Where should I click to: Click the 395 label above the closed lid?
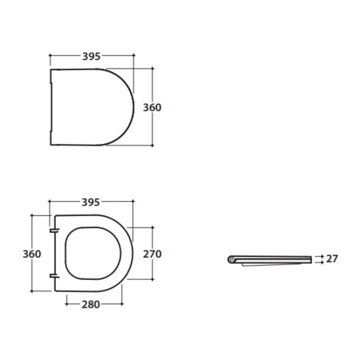91,56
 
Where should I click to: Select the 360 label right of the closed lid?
152,108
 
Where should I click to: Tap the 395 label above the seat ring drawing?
91,202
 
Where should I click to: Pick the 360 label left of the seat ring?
32,254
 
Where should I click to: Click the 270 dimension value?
152,254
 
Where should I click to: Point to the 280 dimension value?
91,304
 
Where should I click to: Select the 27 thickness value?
332,259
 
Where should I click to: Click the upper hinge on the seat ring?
54,230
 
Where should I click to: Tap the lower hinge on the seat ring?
54,276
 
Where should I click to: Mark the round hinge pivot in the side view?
232,260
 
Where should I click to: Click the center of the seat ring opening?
93,253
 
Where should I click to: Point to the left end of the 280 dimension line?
66,304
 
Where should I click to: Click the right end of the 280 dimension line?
122,304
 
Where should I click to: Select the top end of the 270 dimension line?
152,227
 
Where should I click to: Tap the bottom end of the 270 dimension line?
152,279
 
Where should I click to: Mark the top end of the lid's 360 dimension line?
152,68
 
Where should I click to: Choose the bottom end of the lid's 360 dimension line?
152,146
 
